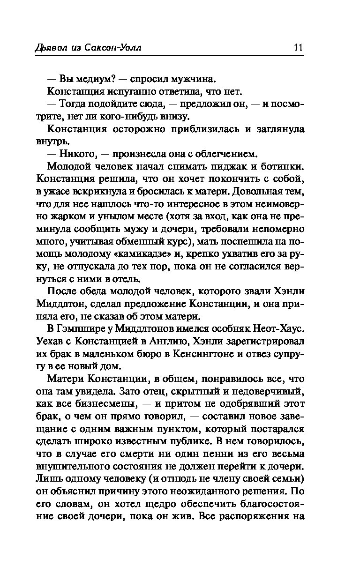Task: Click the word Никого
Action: (80, 153)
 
